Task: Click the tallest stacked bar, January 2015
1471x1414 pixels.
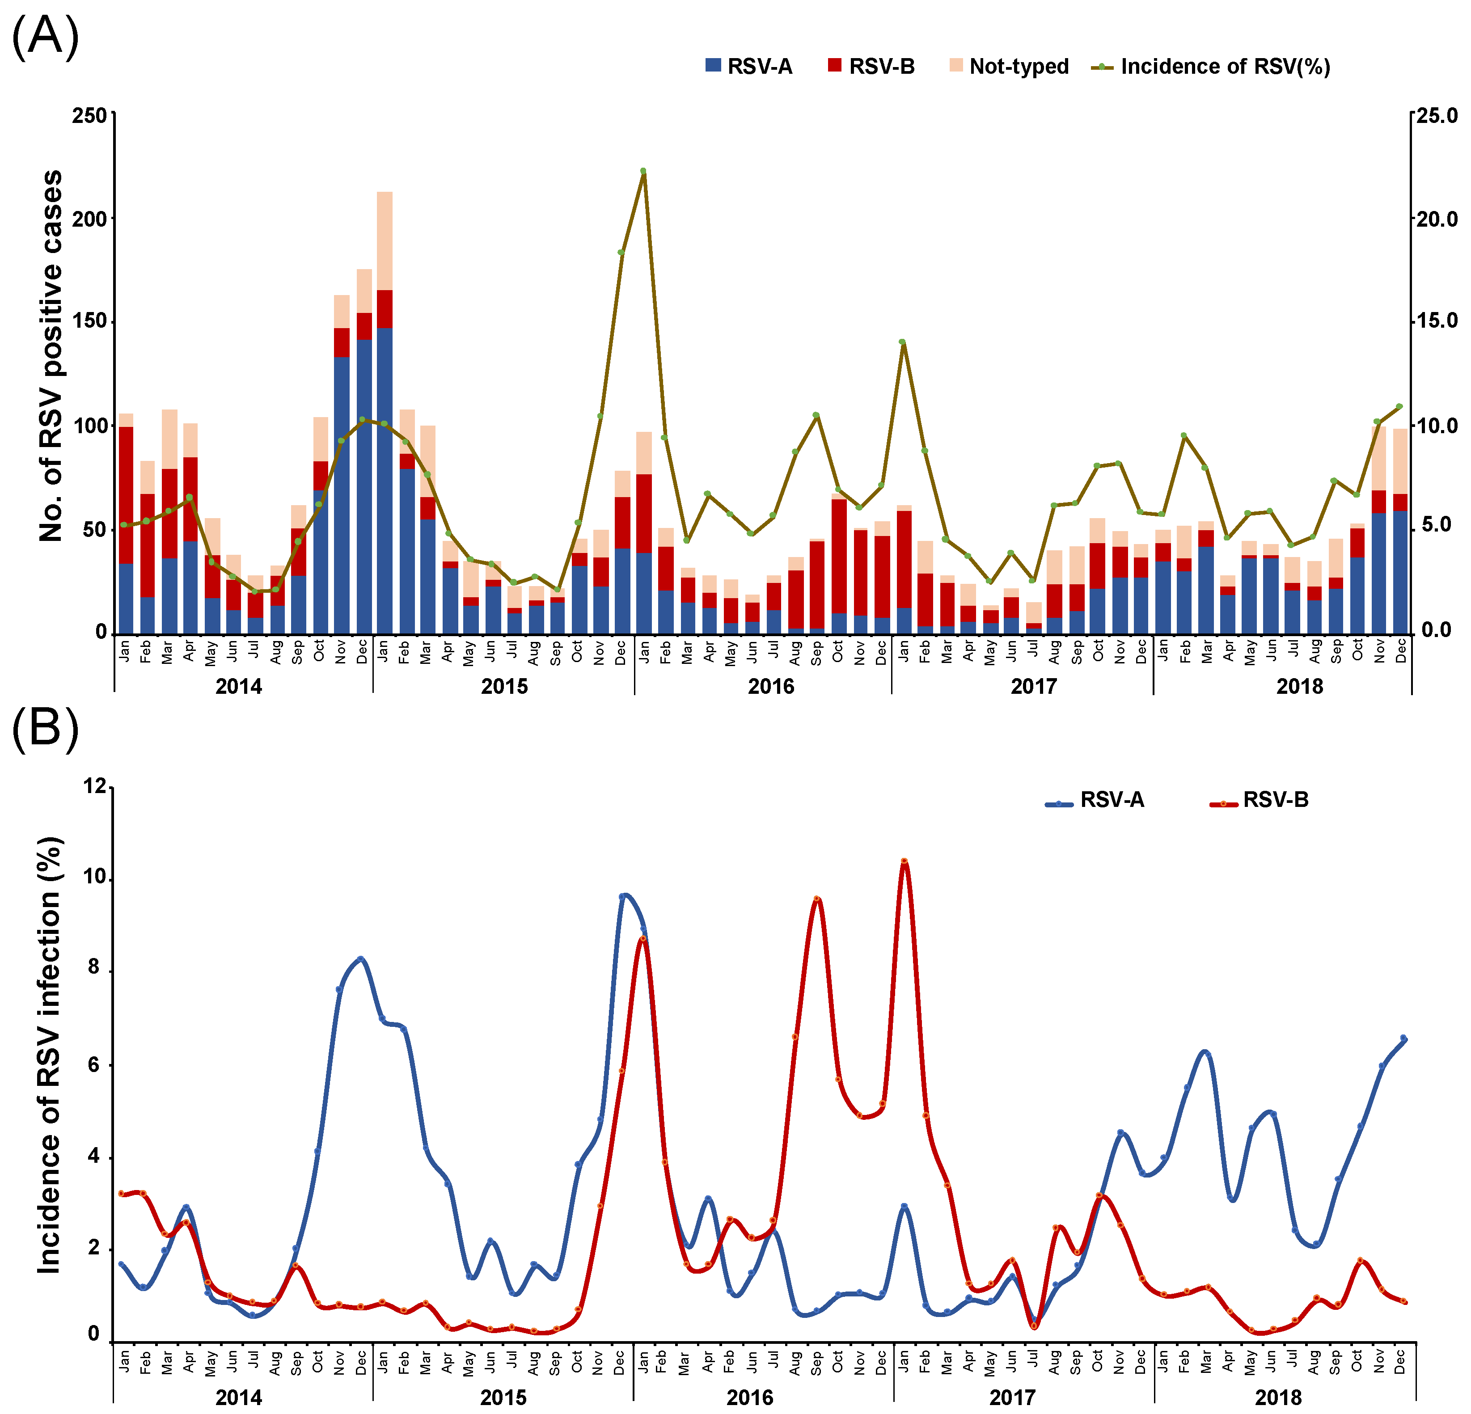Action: tap(384, 413)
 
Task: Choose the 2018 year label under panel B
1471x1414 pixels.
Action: tap(1279, 1397)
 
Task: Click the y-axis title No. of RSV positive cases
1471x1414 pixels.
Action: tap(51, 356)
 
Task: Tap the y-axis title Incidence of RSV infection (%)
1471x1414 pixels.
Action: tap(50, 1055)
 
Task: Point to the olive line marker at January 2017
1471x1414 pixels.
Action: tap(903, 342)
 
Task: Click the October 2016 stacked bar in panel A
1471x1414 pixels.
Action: tap(838, 563)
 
